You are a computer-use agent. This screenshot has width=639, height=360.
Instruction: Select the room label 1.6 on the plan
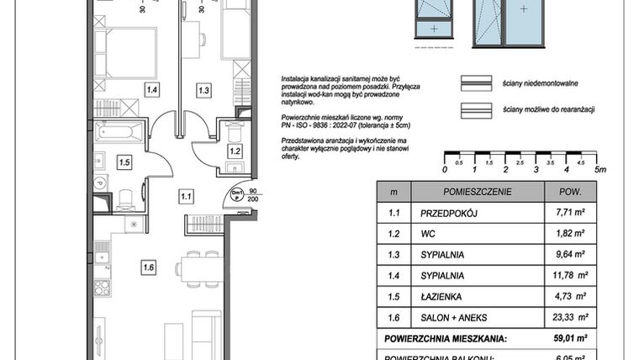(149, 269)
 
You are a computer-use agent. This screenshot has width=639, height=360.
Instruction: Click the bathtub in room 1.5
(120, 133)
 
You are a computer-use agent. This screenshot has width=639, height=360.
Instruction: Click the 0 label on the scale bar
(444, 169)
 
